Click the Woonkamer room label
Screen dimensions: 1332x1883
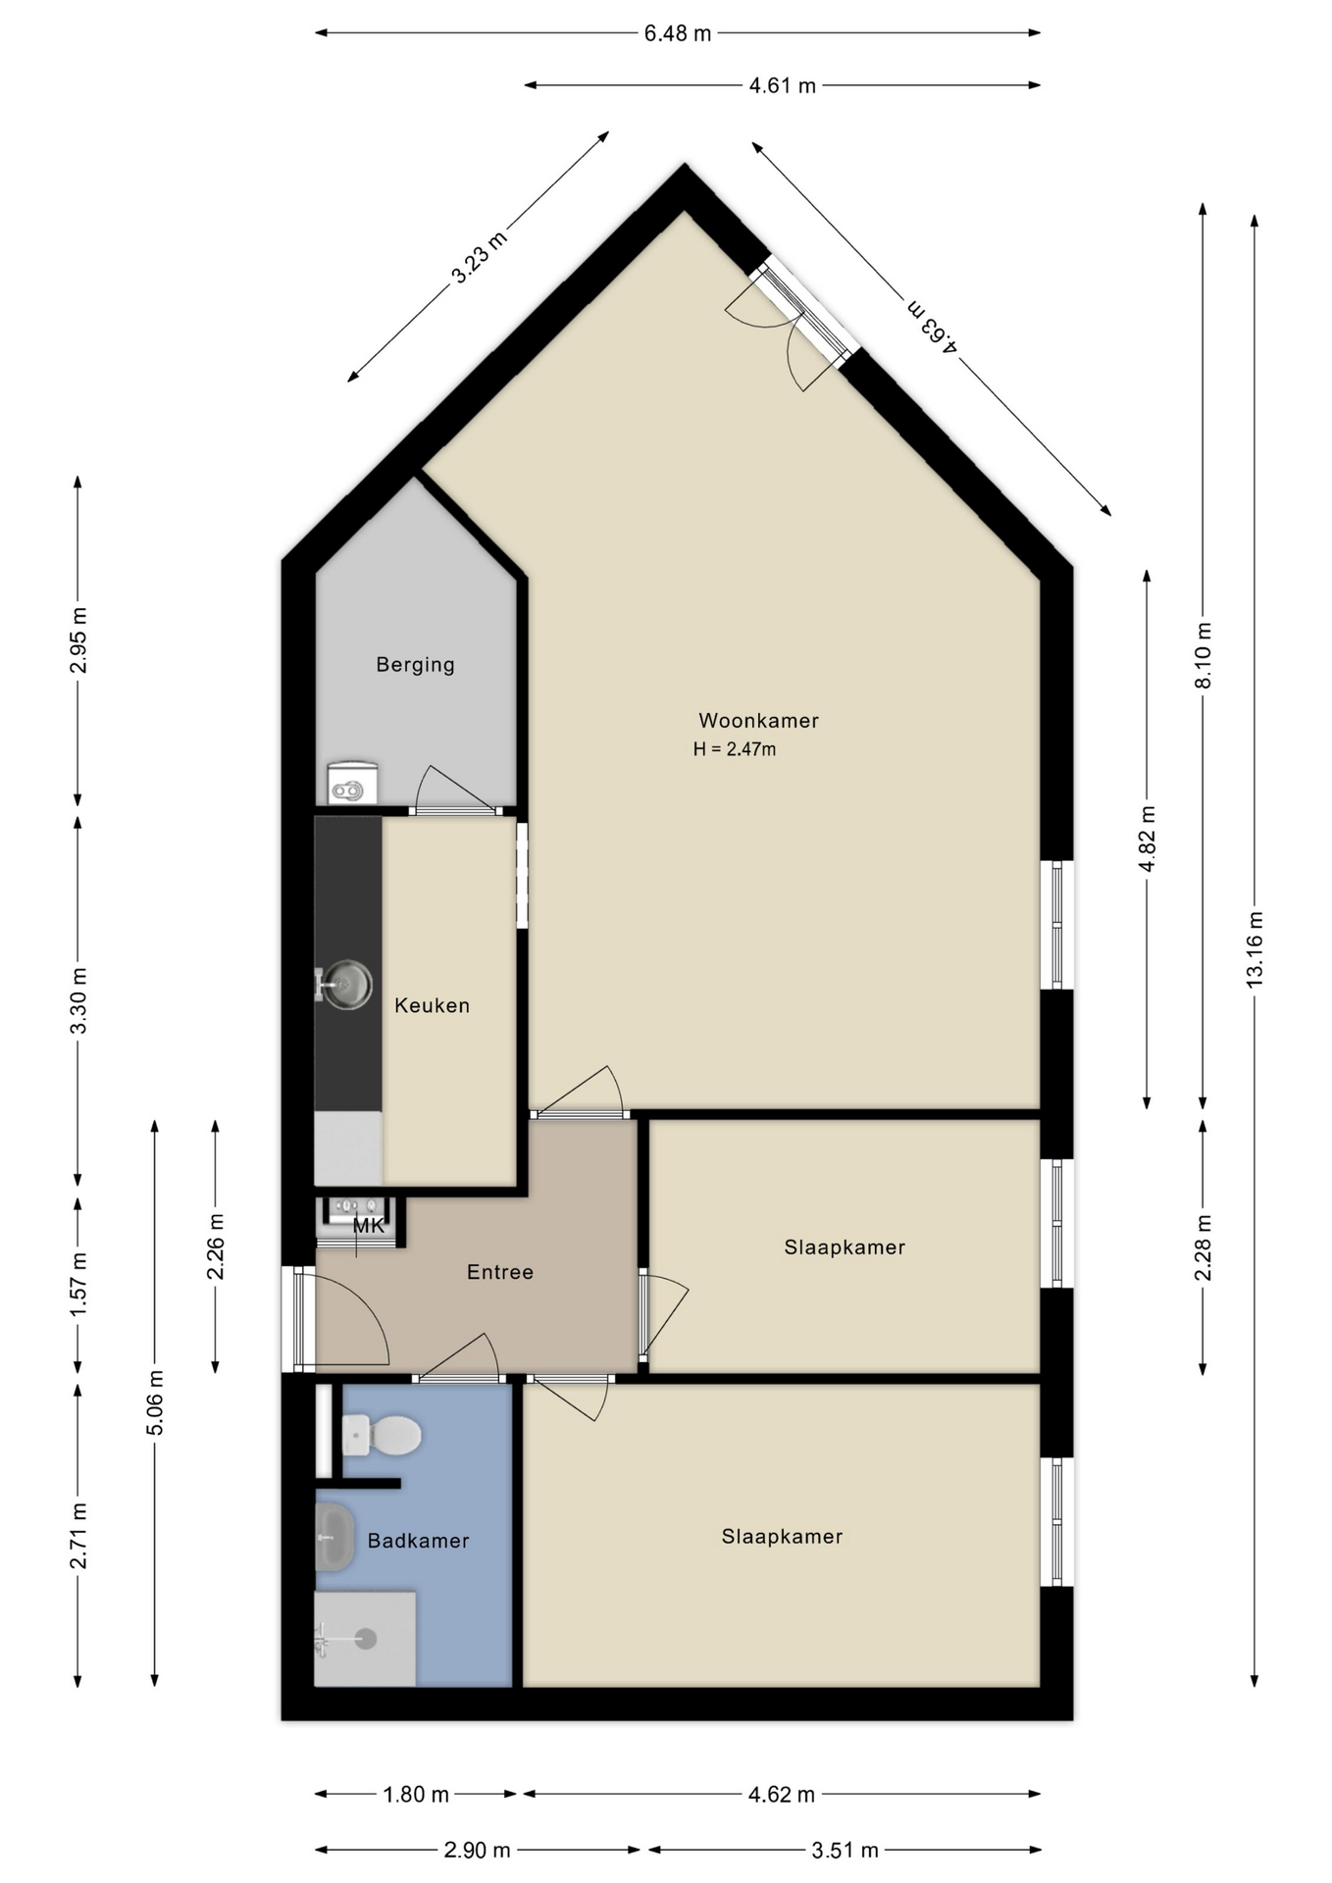758,720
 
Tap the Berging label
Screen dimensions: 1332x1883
416,665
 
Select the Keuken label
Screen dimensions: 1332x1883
432,1005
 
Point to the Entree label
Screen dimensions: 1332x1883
500,1272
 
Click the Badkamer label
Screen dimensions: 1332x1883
418,1541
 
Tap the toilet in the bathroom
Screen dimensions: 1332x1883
382,1436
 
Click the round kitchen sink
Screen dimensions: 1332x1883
347,984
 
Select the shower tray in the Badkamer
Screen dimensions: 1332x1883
365,1639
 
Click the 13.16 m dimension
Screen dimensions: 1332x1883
1255,949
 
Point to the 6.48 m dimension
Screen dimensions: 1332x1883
677,33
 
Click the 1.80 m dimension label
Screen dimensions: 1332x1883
416,1795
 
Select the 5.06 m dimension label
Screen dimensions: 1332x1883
154,1402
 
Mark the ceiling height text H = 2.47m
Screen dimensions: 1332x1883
735,749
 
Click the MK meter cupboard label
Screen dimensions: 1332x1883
369,1225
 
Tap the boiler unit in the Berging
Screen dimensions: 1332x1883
353,784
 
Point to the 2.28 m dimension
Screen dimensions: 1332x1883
1203,1247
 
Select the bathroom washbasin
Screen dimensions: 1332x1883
334,1537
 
